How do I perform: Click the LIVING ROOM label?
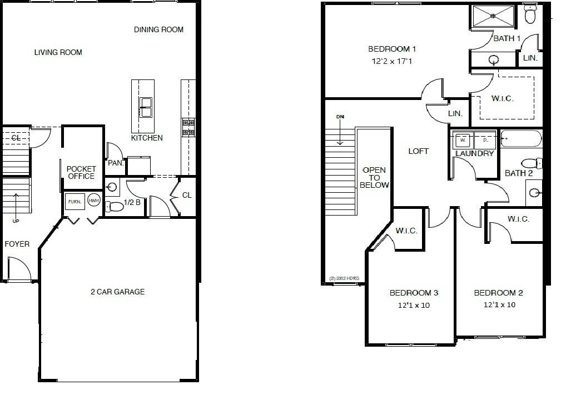point(58,53)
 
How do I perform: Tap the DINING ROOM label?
point(158,29)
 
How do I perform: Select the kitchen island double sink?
point(146,107)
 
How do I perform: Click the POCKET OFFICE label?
point(81,172)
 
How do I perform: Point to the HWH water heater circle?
point(94,201)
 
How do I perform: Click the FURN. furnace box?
point(75,201)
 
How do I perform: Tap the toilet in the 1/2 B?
point(115,207)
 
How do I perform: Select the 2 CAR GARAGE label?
point(117,292)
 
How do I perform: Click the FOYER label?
point(17,244)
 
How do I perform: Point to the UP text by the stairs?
point(16,221)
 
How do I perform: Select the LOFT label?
point(418,151)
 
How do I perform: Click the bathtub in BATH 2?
point(520,138)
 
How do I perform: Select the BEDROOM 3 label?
point(414,293)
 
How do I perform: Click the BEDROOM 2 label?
point(498,293)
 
